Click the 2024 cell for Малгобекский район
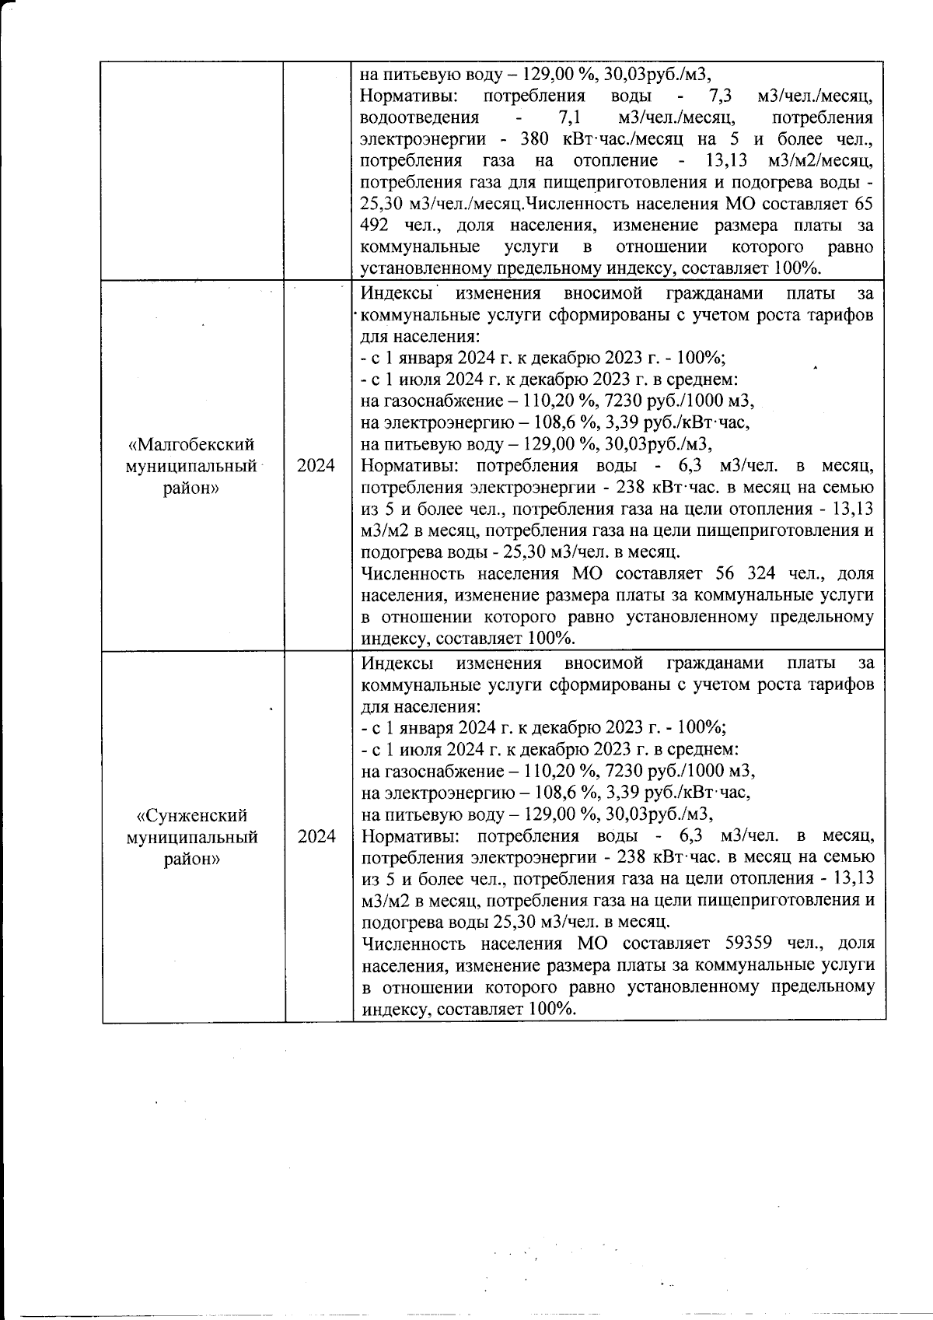coord(316,466)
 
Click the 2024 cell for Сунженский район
coord(316,837)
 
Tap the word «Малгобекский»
coord(191,444)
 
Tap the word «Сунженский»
coord(191,815)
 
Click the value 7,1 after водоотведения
coord(571,118)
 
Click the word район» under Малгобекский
coord(191,488)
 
